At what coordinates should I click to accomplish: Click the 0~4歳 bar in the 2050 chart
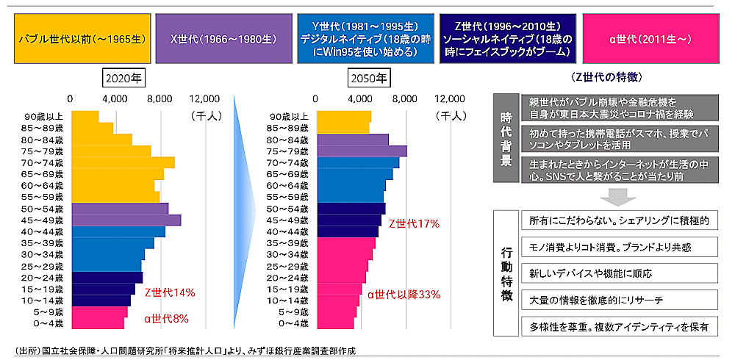(335, 323)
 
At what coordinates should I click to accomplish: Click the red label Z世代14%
(170, 292)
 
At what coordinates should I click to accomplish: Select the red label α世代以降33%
(404, 295)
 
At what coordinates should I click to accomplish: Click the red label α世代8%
(166, 319)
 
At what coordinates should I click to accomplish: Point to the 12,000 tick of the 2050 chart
(450, 98)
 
